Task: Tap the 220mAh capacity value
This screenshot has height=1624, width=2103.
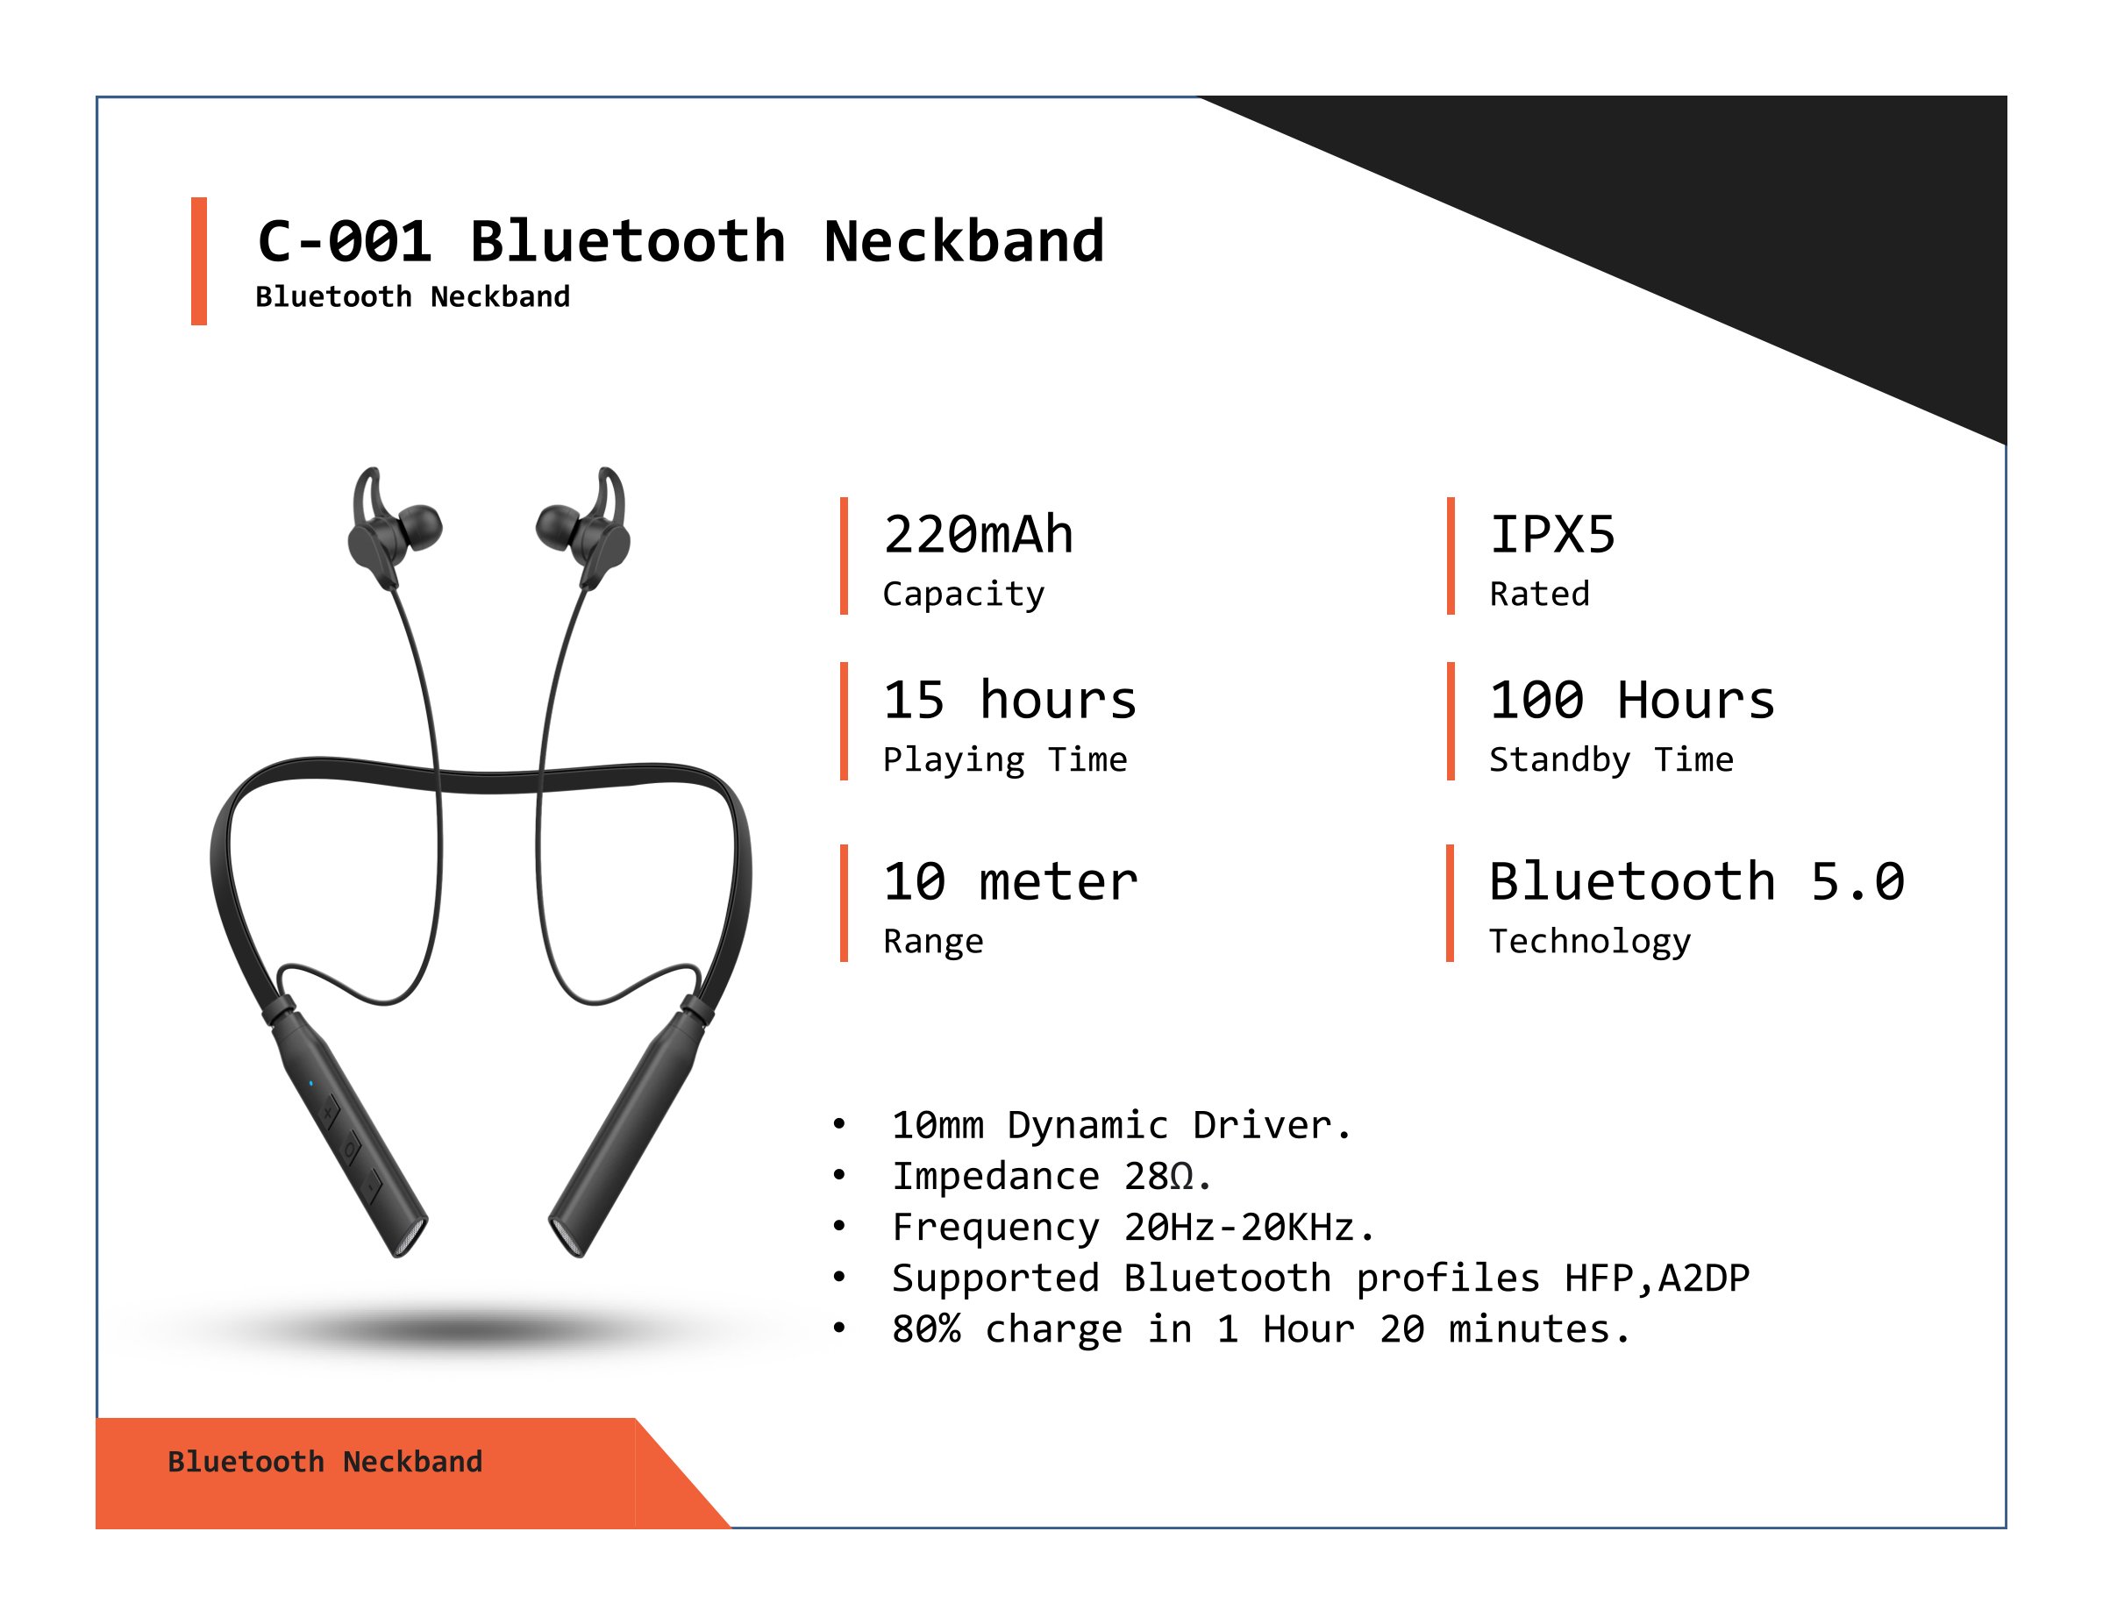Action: (x=979, y=534)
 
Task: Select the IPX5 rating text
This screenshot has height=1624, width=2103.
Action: (x=1552, y=534)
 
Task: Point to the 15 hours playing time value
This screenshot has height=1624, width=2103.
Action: (x=1010, y=700)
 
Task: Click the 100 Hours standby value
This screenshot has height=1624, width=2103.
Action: (x=1632, y=700)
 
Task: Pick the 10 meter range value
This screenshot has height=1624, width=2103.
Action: (x=1011, y=882)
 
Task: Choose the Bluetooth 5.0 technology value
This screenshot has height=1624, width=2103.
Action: (x=1697, y=882)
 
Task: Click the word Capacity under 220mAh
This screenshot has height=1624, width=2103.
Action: (x=964, y=595)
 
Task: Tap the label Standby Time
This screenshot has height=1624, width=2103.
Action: (x=1611, y=759)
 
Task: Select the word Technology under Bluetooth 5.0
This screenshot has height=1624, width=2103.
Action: (x=1590, y=942)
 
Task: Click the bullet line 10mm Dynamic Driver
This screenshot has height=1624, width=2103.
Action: (x=1122, y=1124)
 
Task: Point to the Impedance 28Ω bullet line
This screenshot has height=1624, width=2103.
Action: (x=1051, y=1175)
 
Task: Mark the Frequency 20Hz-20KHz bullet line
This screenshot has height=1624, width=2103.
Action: (x=1133, y=1227)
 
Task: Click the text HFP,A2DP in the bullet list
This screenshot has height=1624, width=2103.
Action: (x=1657, y=1278)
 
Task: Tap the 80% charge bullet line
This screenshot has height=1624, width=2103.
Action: (x=1261, y=1328)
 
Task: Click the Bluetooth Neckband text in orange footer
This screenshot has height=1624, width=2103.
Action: (x=325, y=1461)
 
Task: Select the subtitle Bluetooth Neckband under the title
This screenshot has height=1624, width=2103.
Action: (x=412, y=296)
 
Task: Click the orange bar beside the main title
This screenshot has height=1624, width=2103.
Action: (x=199, y=261)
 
